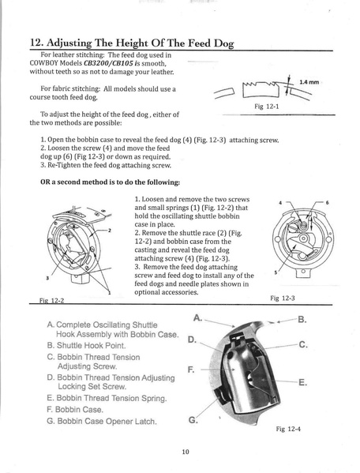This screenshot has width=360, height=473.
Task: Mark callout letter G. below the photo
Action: [x=193, y=419]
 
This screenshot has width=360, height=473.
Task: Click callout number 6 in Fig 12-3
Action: [x=326, y=202]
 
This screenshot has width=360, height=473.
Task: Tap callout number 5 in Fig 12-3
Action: [x=276, y=272]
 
